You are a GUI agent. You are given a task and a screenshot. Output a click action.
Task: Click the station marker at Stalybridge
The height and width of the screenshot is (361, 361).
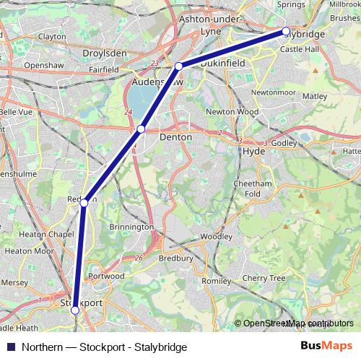coord(286,31)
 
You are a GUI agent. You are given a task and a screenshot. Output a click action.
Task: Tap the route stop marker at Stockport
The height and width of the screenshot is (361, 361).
coord(74,310)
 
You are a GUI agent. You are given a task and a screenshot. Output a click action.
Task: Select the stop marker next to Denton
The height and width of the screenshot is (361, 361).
coord(142,129)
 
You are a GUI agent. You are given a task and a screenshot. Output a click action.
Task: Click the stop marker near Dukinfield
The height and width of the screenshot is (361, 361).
coord(179,66)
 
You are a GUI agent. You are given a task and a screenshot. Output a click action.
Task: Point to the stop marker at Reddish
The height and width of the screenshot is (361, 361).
coord(84,204)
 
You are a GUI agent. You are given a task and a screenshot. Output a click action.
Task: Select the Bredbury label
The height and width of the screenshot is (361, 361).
coord(176,258)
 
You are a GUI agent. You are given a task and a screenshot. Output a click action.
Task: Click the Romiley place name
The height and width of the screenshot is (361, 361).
coord(215,280)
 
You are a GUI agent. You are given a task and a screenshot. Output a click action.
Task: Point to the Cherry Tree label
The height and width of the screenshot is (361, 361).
coord(264,278)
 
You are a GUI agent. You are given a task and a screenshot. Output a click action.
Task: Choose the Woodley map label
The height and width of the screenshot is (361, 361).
coord(217,236)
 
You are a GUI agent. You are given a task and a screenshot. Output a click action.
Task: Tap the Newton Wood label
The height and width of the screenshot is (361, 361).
coord(232,112)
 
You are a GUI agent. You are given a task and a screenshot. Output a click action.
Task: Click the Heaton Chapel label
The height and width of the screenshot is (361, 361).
coord(46,235)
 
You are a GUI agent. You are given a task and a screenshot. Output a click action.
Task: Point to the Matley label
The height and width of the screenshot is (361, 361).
coord(314,95)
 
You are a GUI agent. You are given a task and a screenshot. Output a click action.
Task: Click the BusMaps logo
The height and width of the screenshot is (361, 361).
coord(326,347)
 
